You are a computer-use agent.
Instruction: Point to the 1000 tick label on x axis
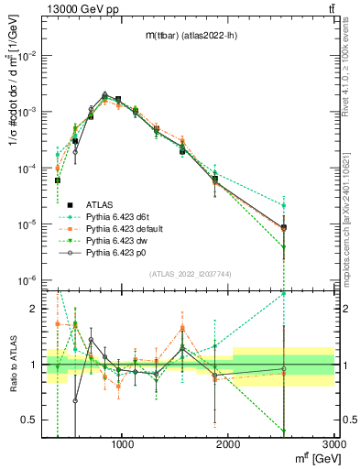123,444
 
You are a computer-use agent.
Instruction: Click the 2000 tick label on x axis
228,444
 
